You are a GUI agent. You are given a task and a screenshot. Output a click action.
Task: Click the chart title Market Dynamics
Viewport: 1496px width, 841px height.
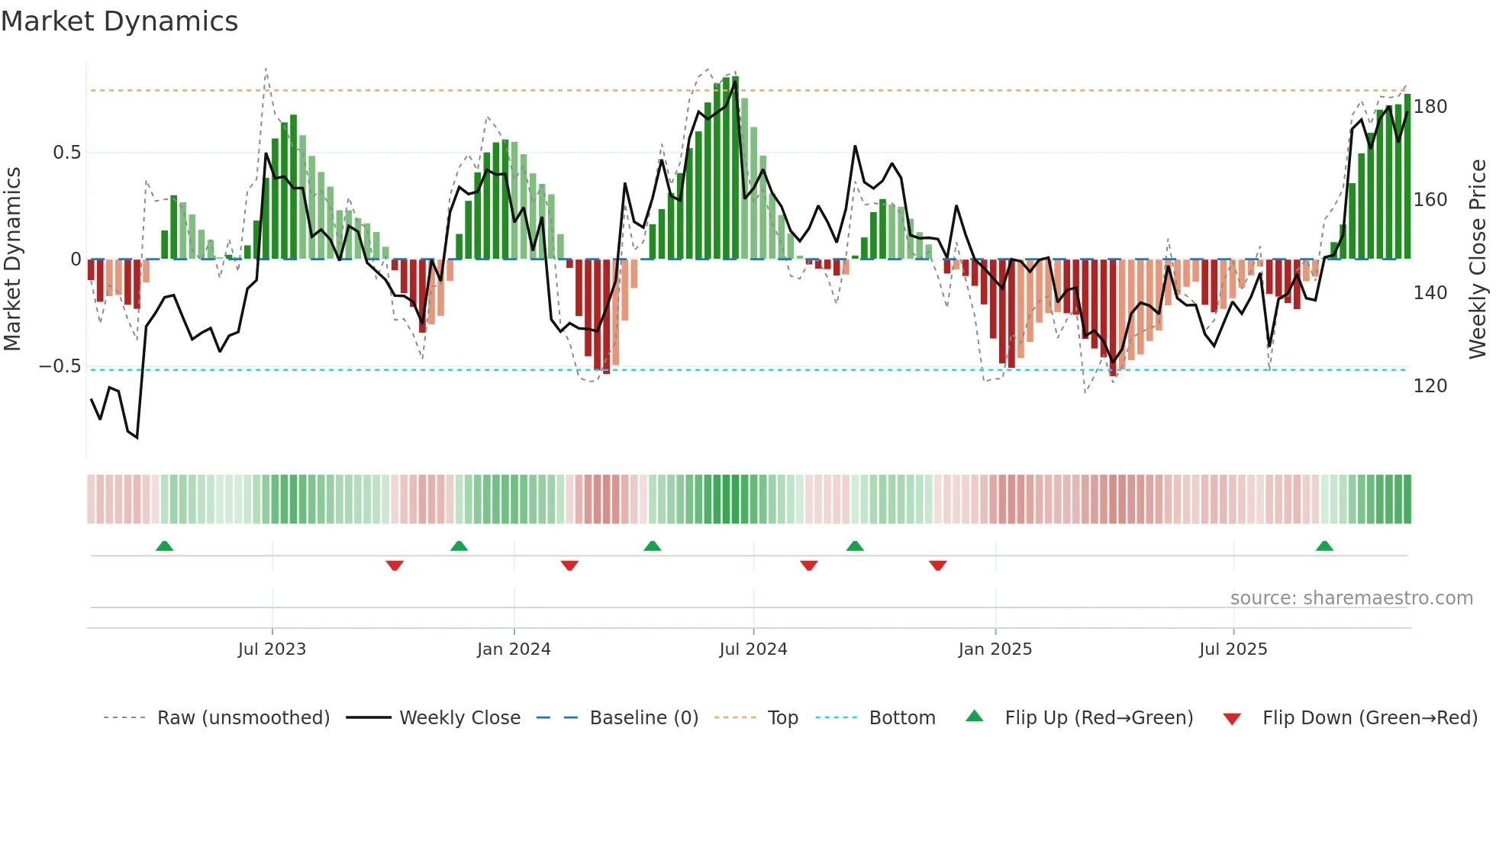click(x=119, y=21)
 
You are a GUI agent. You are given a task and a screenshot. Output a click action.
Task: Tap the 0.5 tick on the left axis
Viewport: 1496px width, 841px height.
click(x=66, y=153)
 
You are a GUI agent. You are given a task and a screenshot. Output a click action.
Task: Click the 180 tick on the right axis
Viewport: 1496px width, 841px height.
click(x=1430, y=107)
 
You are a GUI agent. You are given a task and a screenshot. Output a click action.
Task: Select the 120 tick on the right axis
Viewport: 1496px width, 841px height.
click(x=1430, y=386)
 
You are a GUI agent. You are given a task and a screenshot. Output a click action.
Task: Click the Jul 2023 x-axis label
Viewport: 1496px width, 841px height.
click(x=272, y=649)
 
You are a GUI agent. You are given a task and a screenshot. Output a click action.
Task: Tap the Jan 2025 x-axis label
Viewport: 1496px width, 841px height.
click(x=995, y=649)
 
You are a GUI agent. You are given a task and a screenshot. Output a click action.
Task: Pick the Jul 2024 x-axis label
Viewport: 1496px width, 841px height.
click(x=753, y=649)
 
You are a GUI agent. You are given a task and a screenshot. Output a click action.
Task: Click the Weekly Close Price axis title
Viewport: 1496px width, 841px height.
click(x=1478, y=259)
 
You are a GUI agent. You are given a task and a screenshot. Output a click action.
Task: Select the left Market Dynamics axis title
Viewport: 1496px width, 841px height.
click(x=12, y=259)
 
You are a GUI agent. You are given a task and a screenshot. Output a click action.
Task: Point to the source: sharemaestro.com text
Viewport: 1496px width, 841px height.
click(x=1351, y=598)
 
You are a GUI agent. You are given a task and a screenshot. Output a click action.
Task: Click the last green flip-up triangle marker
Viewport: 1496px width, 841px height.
click(x=1324, y=546)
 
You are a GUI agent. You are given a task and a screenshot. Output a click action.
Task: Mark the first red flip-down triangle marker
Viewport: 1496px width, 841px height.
click(x=395, y=565)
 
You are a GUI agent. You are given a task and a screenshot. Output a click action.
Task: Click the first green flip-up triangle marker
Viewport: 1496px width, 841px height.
click(x=164, y=546)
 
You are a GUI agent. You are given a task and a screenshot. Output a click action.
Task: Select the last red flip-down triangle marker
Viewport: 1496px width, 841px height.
click(x=938, y=565)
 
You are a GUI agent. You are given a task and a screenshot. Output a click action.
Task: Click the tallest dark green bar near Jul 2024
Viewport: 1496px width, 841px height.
click(x=735, y=168)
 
